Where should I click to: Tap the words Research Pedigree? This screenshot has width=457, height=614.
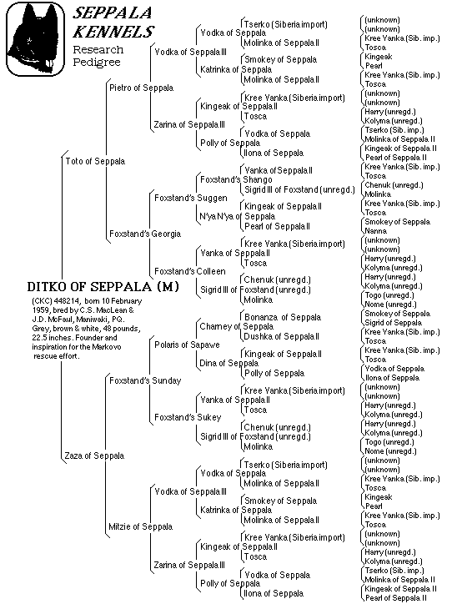(x=98, y=56)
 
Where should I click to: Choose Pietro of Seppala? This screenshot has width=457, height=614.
(x=141, y=87)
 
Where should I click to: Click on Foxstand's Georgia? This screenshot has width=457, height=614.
(x=144, y=234)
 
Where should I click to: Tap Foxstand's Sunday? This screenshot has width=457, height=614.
(x=145, y=380)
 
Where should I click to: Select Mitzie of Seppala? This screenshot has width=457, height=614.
(x=140, y=526)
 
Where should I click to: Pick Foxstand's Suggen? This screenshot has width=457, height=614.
(x=186, y=197)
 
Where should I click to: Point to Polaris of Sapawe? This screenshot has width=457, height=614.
(x=187, y=344)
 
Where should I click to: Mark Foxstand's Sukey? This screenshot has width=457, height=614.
(x=185, y=417)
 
